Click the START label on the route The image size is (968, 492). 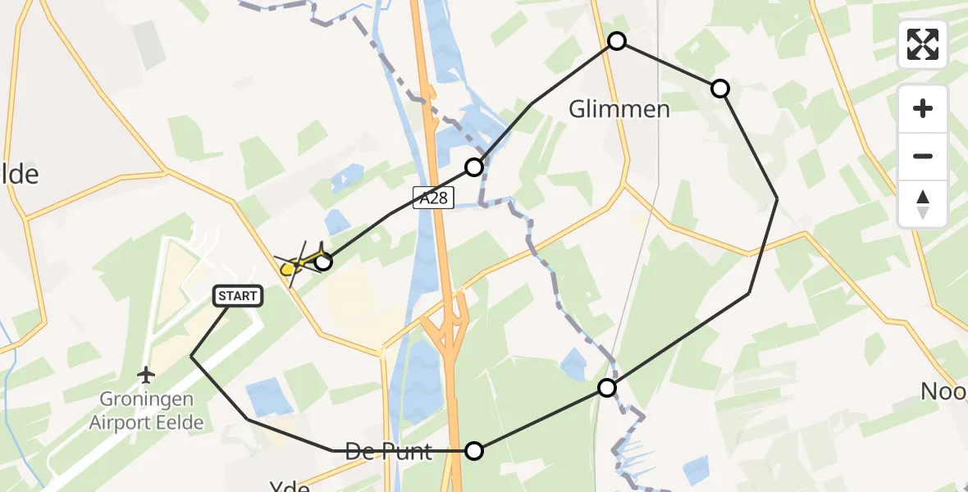click(239, 296)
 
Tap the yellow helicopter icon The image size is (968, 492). click(295, 264)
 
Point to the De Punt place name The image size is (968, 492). click(388, 451)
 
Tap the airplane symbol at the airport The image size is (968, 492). click(147, 376)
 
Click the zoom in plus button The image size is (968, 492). click(923, 109)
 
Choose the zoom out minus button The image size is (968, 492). click(923, 156)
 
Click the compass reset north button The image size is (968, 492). click(923, 203)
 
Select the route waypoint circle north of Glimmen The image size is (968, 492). click(617, 41)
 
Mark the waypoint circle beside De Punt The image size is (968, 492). click(474, 450)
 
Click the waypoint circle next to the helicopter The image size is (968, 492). click(324, 262)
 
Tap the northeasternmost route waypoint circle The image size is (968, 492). click(719, 89)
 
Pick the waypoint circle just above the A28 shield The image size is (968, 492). click(474, 167)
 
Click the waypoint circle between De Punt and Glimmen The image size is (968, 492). click(607, 388)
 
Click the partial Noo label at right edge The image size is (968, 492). click(943, 391)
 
